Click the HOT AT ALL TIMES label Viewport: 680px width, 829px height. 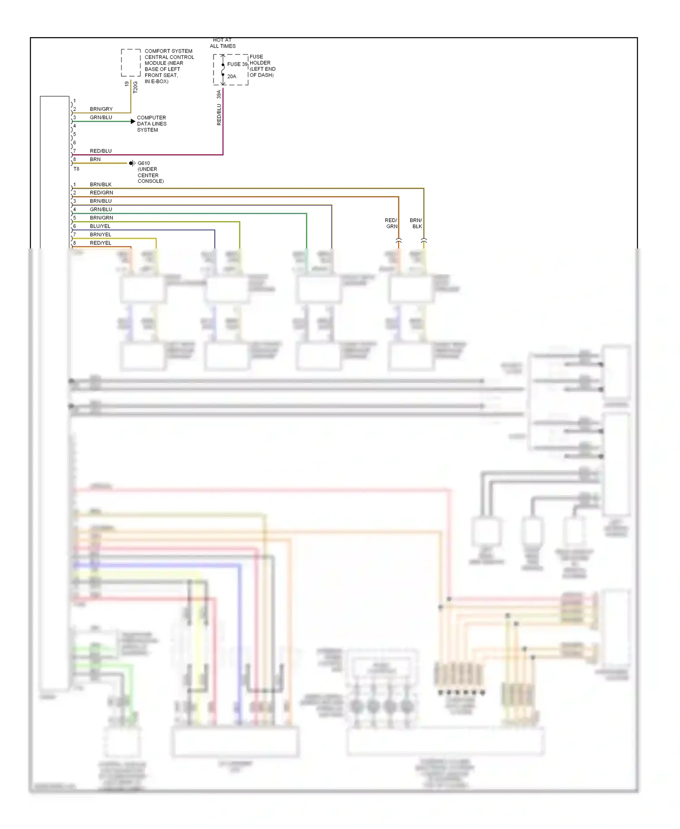(222, 43)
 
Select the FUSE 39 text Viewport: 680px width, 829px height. (237, 64)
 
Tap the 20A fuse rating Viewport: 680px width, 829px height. (232, 77)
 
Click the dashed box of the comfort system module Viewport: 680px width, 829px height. (131, 63)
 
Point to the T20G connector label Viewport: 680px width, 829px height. (135, 88)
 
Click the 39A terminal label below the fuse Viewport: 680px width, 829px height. (219, 94)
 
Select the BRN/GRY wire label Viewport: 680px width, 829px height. (101, 109)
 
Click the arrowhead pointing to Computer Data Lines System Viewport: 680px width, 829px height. (133, 121)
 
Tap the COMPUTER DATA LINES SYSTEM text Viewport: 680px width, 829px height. (151, 124)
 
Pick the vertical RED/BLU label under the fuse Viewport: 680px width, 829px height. (219, 115)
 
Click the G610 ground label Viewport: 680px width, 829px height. (144, 163)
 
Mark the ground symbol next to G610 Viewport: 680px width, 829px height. (131, 163)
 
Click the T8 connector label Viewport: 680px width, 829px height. (76, 169)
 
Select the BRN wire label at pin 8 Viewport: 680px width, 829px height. (95, 160)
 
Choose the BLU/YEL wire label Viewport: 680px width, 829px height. (100, 226)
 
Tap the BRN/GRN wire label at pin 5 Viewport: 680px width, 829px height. (101, 218)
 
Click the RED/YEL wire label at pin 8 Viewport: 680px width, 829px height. (100, 243)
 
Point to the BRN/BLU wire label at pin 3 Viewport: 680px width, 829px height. (101, 201)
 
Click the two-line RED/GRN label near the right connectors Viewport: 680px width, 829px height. (391, 224)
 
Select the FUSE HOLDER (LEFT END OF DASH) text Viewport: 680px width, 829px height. (262, 66)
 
